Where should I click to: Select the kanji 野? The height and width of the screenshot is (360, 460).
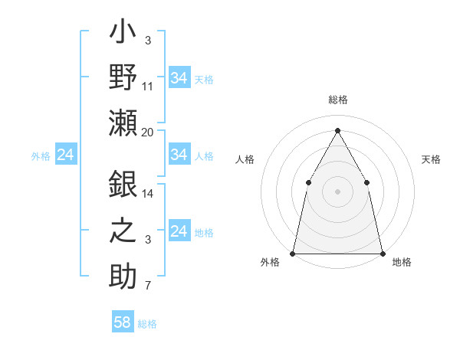pos(123,79)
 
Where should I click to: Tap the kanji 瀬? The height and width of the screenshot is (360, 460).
pos(123,123)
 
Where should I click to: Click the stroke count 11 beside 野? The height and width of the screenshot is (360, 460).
pos(148,87)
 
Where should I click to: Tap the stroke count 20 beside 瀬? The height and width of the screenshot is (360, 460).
pos(148,133)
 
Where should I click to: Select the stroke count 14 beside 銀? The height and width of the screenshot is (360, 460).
pos(148,194)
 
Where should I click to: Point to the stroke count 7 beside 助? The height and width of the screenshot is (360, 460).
pos(148,286)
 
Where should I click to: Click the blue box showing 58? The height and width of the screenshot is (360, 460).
pos(123,322)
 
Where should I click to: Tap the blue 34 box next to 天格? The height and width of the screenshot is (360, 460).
pos(179,78)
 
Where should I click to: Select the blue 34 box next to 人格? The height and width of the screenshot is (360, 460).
pos(179,155)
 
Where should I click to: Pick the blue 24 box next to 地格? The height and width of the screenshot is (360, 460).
pos(179,232)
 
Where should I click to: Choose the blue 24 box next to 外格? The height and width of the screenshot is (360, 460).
pos(65,155)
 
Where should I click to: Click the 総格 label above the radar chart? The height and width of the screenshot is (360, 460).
pos(337,100)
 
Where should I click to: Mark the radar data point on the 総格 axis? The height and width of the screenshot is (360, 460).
pos(337,130)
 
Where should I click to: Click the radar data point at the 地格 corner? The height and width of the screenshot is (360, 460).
pos(382,253)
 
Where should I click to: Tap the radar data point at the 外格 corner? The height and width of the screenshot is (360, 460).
pos(293,253)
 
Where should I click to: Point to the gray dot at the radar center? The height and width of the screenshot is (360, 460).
pos(337,191)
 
